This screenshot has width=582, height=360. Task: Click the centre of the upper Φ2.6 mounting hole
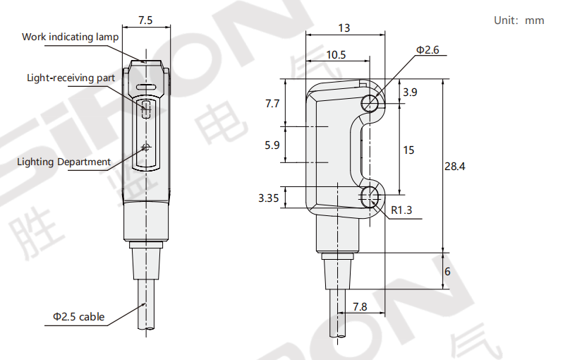pyautogui.click(x=370, y=103)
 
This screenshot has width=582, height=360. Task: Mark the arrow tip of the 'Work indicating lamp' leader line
pyautogui.click(x=145, y=61)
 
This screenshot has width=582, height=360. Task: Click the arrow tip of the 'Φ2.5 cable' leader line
pyautogui.click(x=145, y=304)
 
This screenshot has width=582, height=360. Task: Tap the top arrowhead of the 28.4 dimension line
pyautogui.click(x=443, y=79)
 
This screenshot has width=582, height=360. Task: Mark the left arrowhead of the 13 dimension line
pyautogui.click(x=306, y=35)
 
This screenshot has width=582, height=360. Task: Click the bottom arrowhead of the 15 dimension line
pyautogui.click(x=400, y=194)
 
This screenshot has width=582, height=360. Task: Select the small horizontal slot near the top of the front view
pyautogui.click(x=146, y=88)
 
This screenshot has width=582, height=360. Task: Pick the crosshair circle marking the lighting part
pyautogui.click(x=146, y=148)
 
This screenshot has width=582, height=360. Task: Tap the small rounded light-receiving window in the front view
pyautogui.click(x=146, y=108)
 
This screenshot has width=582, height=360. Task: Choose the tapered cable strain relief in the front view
pyautogui.click(x=146, y=263)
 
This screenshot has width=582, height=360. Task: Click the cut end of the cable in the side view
pyautogui.click(x=338, y=335)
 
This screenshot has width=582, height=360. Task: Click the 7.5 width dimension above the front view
pyautogui.click(x=145, y=20)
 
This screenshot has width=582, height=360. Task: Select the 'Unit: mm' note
pyautogui.click(x=519, y=20)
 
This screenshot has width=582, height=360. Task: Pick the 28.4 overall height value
pyautogui.click(x=455, y=166)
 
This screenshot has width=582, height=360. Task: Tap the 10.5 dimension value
pyautogui.click(x=336, y=55)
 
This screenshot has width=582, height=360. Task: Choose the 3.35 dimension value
pyautogui.click(x=268, y=198)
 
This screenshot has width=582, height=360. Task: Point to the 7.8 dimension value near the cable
pyautogui.click(x=360, y=306)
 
